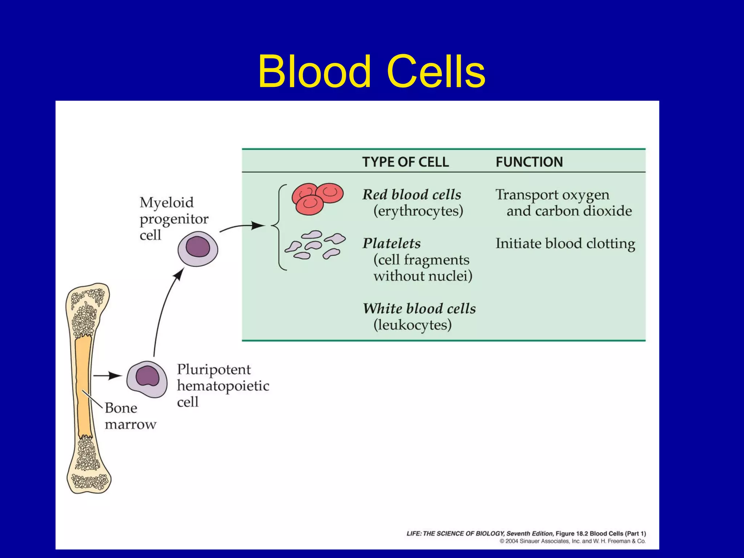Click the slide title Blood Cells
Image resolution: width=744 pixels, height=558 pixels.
click(371, 71)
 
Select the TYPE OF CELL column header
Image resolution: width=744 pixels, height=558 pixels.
click(405, 162)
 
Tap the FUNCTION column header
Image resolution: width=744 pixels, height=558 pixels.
click(529, 162)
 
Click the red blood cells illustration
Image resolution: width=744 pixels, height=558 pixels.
click(317, 198)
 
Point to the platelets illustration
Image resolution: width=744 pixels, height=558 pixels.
click(315, 245)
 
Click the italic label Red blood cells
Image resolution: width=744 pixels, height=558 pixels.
click(412, 195)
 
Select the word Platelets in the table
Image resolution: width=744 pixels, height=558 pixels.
click(392, 243)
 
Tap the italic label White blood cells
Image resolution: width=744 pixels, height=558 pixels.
click(419, 308)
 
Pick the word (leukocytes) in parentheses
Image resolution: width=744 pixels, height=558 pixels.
click(412, 325)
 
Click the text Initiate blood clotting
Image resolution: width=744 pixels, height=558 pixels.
click(565, 243)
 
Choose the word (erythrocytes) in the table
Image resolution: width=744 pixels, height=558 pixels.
click(418, 211)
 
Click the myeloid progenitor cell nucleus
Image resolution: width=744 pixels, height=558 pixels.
click(198, 247)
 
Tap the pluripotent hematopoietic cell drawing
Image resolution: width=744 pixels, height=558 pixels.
click(147, 379)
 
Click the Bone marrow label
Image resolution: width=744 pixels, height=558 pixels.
click(130, 416)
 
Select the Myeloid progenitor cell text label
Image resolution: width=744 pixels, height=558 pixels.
click(173, 219)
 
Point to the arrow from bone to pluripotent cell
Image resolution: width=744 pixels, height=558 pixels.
click(108, 376)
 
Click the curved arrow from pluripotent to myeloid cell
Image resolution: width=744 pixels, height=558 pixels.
click(163, 309)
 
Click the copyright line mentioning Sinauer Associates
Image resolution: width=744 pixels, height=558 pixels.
click(572, 541)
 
